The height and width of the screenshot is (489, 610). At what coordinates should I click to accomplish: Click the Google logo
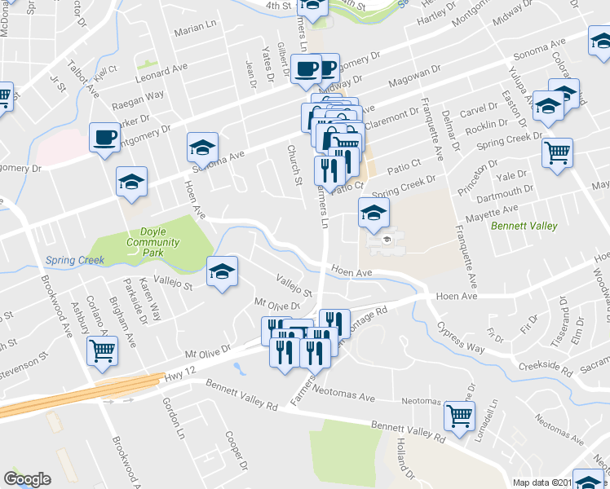click(27, 479)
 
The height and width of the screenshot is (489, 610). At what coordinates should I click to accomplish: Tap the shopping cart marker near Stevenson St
click(103, 351)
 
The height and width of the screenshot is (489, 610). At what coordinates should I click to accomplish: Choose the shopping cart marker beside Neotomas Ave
click(459, 416)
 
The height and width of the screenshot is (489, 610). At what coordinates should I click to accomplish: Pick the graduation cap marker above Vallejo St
click(221, 271)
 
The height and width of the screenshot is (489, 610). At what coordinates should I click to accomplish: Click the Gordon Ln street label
click(172, 411)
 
